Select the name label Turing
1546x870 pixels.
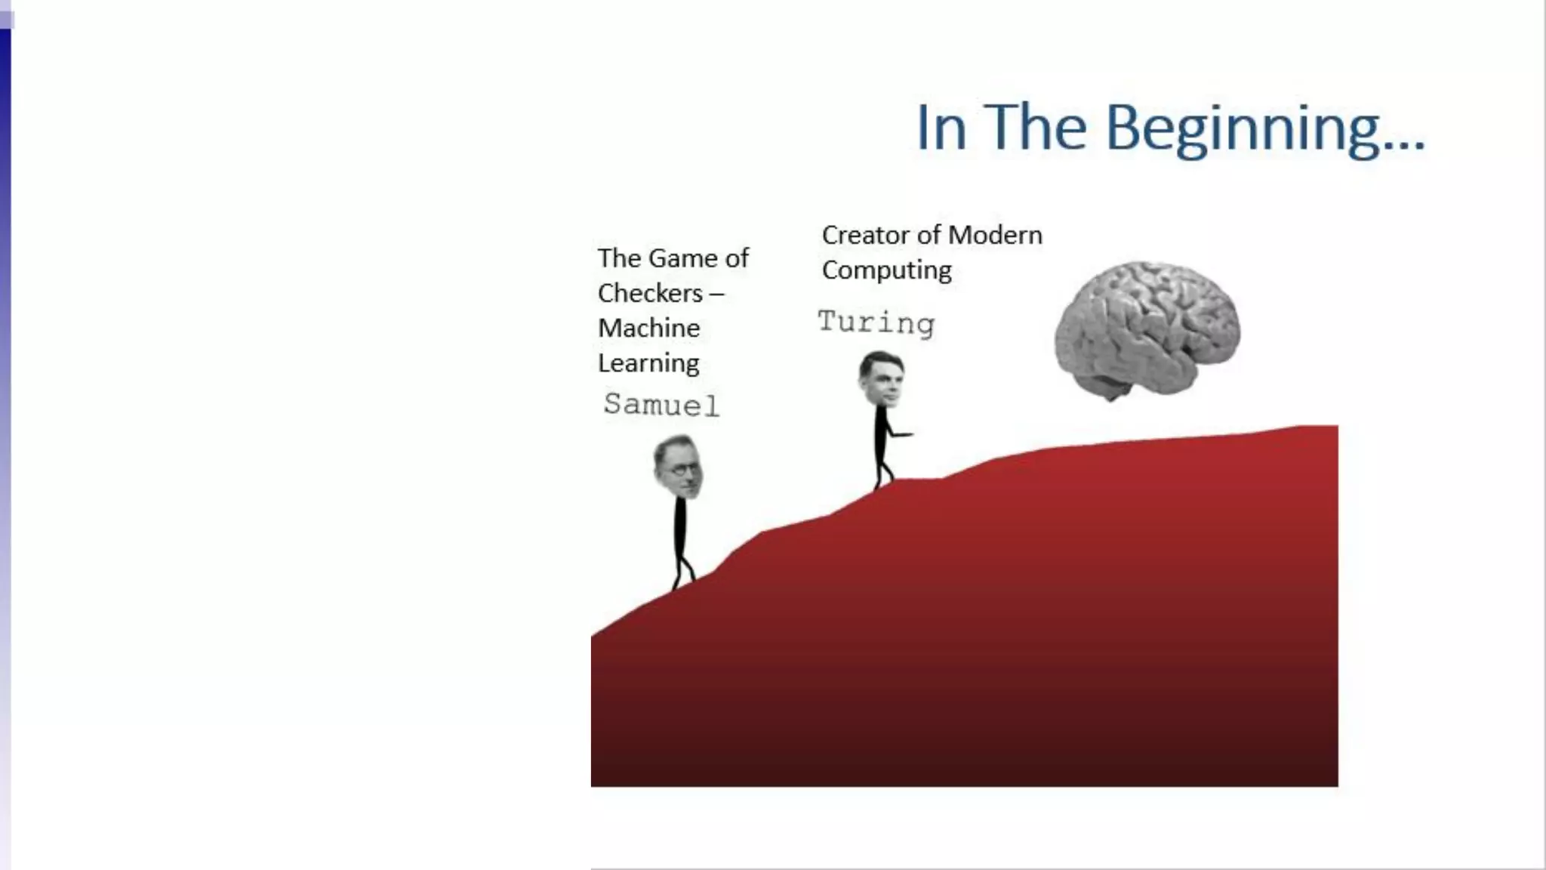click(876, 322)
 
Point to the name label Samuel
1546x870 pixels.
click(661, 405)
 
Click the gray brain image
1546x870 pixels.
click(1147, 329)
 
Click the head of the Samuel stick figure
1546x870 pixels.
click(679, 467)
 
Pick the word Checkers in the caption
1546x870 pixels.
click(650, 293)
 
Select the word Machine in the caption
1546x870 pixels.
click(648, 328)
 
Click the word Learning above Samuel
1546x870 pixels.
click(648, 363)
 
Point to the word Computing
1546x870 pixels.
click(886, 270)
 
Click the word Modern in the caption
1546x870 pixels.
click(995, 235)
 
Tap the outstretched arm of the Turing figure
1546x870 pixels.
click(900, 434)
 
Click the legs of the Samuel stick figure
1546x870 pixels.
click(682, 571)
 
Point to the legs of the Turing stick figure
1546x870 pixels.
click(882, 472)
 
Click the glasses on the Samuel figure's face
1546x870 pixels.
click(683, 469)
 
